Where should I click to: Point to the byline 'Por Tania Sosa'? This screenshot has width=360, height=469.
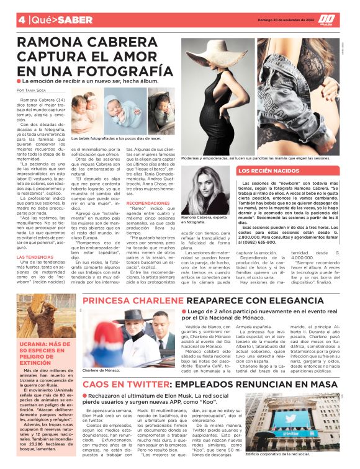point(35,91)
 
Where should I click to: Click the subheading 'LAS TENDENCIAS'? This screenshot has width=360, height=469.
point(35,257)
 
